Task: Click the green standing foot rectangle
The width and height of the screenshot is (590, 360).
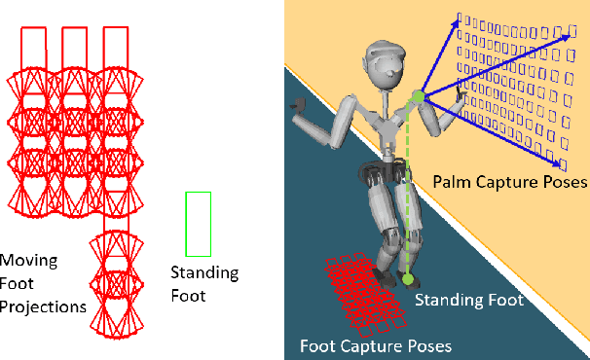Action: click(198, 222)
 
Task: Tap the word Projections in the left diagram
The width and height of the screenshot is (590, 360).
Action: click(43, 306)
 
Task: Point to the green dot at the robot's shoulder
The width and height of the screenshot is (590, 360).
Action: click(418, 95)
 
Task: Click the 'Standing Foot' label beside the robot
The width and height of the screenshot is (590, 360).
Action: click(468, 302)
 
